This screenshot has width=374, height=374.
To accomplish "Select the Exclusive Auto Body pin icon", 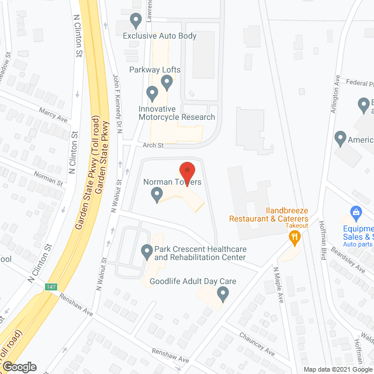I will point(136,21).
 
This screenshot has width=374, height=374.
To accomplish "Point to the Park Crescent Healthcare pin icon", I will point(147,252).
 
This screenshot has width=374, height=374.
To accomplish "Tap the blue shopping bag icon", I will point(354,213).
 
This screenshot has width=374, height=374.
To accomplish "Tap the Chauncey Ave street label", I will point(257,344).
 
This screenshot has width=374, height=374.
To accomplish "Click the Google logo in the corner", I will point(19,366).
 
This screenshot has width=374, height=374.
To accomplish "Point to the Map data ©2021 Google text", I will point(336,369).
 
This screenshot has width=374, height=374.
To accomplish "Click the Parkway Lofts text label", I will point(155,70).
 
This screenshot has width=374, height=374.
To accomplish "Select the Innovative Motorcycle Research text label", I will point(176,113).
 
